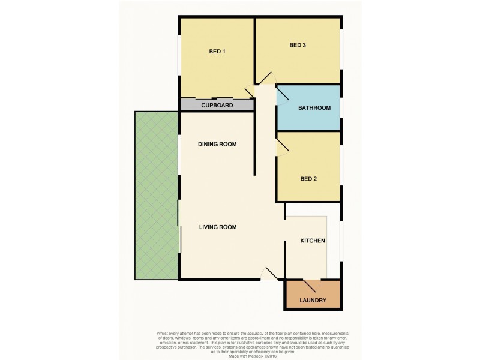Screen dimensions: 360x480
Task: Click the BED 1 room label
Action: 217,52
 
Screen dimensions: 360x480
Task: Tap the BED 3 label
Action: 298,45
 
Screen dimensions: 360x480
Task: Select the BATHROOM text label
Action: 314,108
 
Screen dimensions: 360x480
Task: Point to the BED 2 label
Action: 308,178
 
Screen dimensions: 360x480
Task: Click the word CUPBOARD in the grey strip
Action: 217,106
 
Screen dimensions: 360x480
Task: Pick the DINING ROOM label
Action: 217,144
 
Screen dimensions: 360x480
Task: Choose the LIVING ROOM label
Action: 218,227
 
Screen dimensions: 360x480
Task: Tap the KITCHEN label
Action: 313,241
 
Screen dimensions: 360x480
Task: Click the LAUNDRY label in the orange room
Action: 313,300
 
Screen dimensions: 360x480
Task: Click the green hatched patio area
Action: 155,195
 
